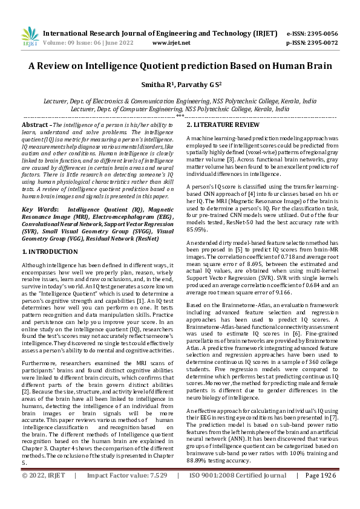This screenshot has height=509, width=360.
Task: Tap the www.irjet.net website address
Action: click(x=172, y=44)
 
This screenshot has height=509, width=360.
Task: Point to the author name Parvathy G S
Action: click(x=200, y=85)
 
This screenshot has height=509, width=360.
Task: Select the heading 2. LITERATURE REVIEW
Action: click(x=223, y=125)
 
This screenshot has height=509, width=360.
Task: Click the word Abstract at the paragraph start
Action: click(x=35, y=124)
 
